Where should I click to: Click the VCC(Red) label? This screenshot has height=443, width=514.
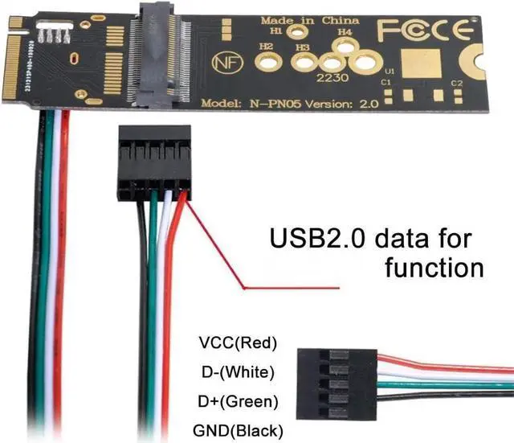click(238, 343)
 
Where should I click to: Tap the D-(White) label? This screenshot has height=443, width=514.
click(237, 372)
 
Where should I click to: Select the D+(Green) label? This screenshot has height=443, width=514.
click(237, 400)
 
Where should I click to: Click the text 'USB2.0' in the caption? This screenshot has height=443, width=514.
click(314, 239)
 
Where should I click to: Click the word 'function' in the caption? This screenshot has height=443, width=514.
click(434, 265)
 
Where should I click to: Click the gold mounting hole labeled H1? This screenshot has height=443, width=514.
click(299, 33)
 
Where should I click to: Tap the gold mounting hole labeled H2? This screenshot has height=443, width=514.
click(267, 62)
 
